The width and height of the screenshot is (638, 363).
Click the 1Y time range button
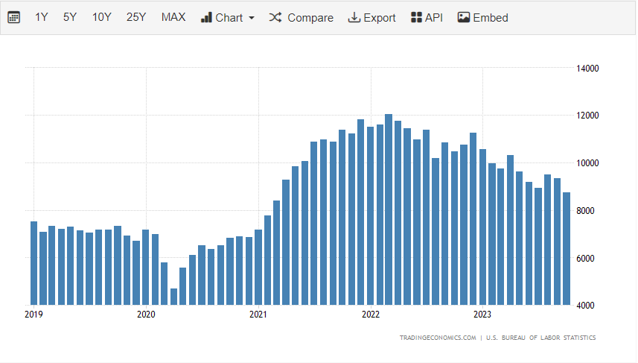42,17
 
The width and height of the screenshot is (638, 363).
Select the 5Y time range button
70,17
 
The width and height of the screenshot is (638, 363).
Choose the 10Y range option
102,17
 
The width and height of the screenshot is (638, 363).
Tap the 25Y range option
136,17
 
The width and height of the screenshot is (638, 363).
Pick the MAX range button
173,17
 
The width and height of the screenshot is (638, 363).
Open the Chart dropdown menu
228,17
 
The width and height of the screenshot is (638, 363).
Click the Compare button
302,17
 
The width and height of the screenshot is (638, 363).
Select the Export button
372,17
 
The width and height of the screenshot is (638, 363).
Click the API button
427,17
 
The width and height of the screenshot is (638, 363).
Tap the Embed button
483,17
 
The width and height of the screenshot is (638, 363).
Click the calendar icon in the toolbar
14,17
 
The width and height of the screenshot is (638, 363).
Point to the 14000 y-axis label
588,69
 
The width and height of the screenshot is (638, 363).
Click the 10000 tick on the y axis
588,163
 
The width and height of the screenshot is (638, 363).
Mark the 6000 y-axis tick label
588,258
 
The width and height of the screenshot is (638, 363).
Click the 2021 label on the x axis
258,315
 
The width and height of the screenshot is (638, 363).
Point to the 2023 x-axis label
482,315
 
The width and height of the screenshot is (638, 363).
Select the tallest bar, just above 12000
389,209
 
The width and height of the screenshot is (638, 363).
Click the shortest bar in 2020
173,297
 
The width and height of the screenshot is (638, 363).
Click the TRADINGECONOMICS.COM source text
438,338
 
